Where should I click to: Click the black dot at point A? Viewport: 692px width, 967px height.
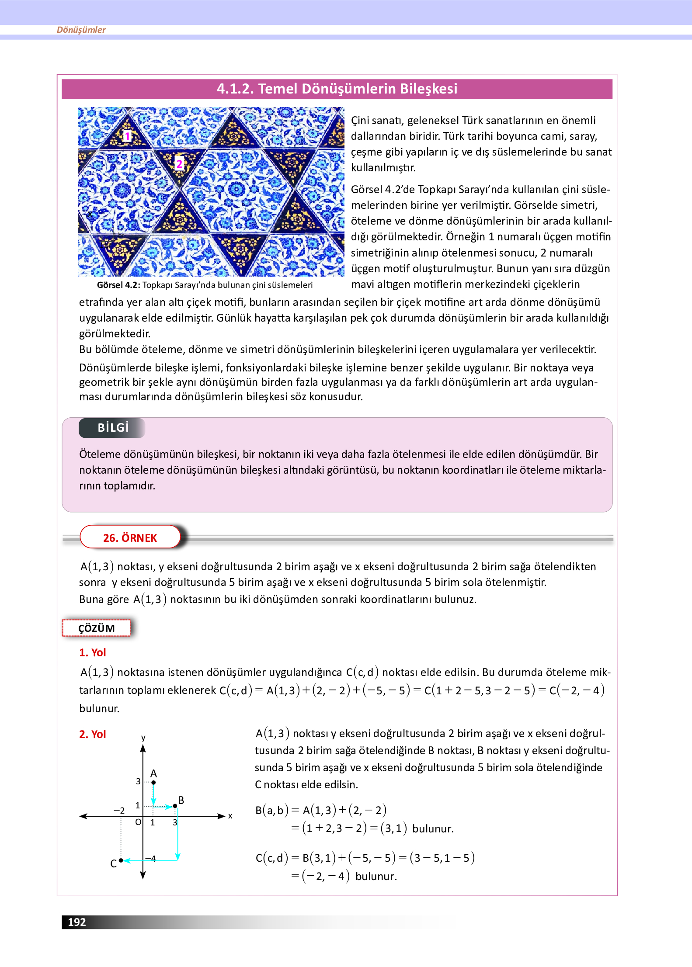tap(153, 783)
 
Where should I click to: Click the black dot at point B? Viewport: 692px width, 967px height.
tap(175, 806)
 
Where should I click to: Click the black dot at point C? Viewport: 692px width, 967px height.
tap(121, 860)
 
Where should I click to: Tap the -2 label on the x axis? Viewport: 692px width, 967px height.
tap(119, 811)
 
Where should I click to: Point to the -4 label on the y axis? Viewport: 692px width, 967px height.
tap(151, 859)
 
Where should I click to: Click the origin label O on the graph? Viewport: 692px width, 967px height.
tap(138, 822)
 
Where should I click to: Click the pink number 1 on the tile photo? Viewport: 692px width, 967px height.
tap(127, 136)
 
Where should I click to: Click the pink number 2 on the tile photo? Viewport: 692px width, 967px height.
tap(179, 164)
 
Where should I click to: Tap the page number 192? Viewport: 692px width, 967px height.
tap(77, 922)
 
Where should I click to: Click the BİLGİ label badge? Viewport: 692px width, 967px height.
tap(112, 428)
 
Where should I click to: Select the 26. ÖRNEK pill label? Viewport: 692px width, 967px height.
tap(130, 537)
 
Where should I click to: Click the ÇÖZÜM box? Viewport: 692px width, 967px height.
tap(97, 628)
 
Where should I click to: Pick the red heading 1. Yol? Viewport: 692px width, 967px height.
tap(93, 652)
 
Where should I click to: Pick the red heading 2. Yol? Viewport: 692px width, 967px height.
tap(93, 734)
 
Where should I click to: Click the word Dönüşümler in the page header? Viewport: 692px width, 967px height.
tap(81, 30)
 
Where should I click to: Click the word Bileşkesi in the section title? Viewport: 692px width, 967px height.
tap(428, 89)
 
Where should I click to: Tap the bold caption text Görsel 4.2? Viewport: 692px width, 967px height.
tap(118, 285)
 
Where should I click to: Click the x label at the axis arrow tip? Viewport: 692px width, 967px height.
tap(230, 816)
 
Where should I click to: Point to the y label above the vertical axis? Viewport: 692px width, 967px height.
tap(143, 738)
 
